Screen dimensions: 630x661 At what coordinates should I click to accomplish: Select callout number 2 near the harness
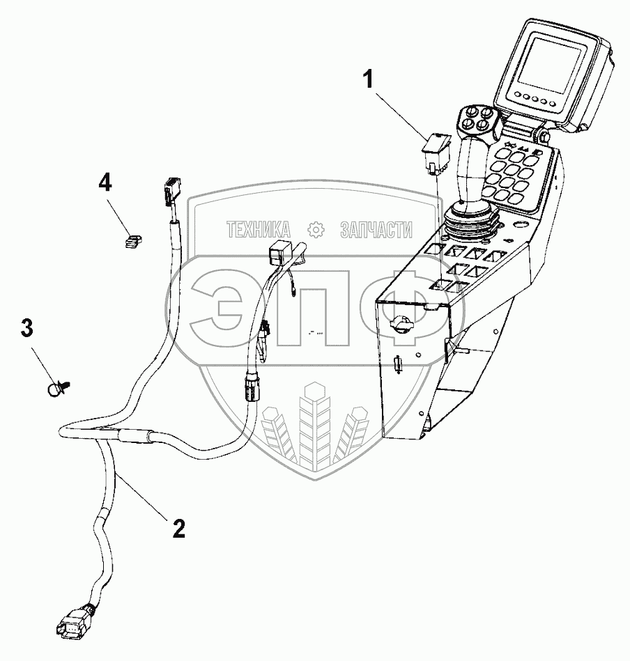coord(179,529)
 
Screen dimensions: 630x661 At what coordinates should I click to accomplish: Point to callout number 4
coord(104,183)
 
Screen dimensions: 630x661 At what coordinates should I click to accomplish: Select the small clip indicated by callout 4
coord(132,240)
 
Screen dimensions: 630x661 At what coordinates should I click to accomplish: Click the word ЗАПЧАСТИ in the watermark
coord(376,229)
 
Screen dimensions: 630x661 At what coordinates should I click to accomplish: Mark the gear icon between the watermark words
coord(316,229)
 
